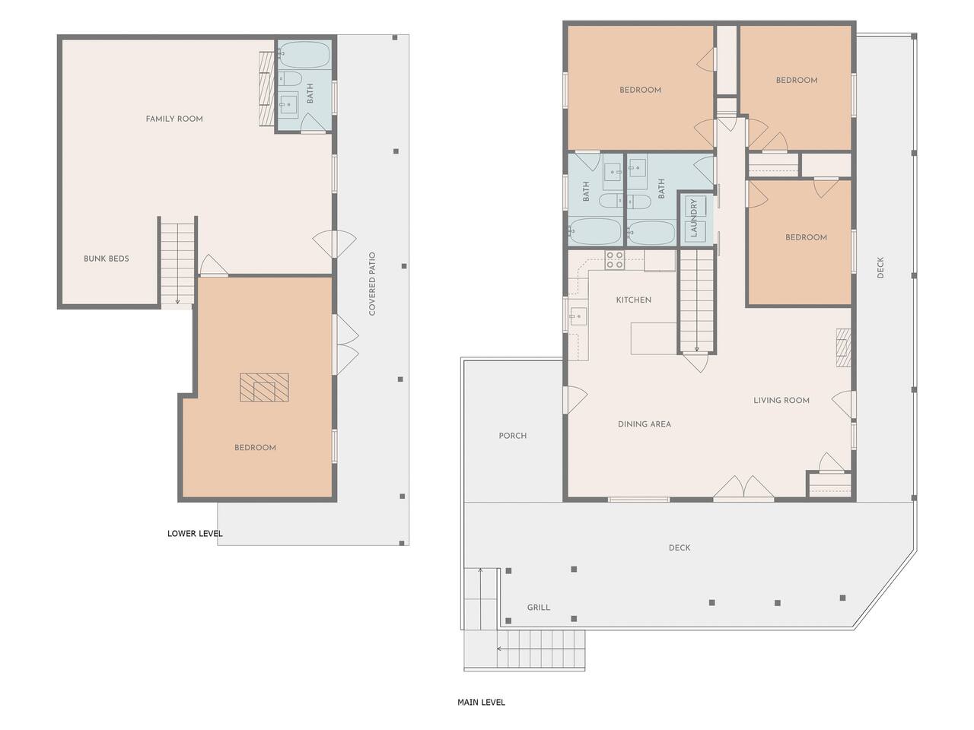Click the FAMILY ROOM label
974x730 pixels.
click(x=174, y=119)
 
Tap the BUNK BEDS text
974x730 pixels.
click(x=107, y=259)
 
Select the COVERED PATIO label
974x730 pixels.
click(x=372, y=284)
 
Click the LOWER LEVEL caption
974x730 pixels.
click(x=195, y=533)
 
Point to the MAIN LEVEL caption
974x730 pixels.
click(x=481, y=702)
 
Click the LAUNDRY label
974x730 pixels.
click(x=693, y=217)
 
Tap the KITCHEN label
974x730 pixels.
click(x=634, y=300)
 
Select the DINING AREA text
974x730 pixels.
click(x=645, y=424)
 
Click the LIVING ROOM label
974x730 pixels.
click(x=781, y=400)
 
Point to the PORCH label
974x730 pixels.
click(x=513, y=436)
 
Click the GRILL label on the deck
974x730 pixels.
click(x=539, y=608)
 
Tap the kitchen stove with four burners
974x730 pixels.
click(x=615, y=260)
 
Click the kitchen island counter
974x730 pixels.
click(x=654, y=338)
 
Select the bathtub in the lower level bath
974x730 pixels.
click(x=304, y=55)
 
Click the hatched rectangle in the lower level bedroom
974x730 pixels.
click(x=265, y=387)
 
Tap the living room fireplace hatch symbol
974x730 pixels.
click(x=844, y=348)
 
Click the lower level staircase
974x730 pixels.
click(x=177, y=262)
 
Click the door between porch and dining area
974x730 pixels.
click(x=575, y=400)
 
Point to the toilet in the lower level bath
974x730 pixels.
click(x=290, y=79)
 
